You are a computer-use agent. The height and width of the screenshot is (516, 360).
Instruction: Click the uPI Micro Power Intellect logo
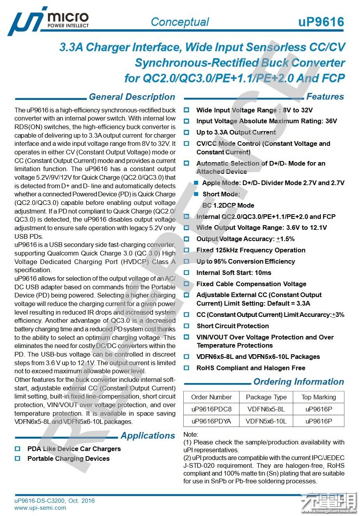(49, 21)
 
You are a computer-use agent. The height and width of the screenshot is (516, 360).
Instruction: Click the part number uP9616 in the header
(321, 22)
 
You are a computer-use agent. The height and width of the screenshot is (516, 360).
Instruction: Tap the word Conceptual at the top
(180, 22)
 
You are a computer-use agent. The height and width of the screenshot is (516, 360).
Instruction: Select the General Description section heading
(132, 97)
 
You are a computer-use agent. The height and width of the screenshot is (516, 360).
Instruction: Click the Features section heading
(325, 96)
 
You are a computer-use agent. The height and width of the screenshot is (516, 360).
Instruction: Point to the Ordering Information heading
(299, 382)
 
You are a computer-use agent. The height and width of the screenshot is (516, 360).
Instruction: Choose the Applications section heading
(148, 436)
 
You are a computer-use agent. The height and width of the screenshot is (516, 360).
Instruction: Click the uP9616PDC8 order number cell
(211, 409)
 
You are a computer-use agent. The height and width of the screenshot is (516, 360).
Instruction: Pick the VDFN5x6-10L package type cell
(266, 421)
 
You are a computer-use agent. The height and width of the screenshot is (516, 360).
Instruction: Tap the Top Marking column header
(318, 397)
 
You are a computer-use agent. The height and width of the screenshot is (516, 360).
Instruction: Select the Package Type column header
(266, 397)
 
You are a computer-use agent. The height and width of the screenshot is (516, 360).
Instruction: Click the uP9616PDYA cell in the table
(211, 421)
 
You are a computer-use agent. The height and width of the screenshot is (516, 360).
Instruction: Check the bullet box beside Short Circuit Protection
(186, 326)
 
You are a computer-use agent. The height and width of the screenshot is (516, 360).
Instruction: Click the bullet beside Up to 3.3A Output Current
(186, 132)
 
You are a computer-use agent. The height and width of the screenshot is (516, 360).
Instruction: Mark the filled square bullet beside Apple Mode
(197, 183)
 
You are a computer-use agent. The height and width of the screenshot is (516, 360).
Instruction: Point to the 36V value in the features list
(331, 121)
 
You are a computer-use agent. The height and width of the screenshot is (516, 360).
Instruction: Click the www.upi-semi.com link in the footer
(40, 507)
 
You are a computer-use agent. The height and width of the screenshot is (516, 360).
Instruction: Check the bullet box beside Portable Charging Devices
(18, 458)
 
